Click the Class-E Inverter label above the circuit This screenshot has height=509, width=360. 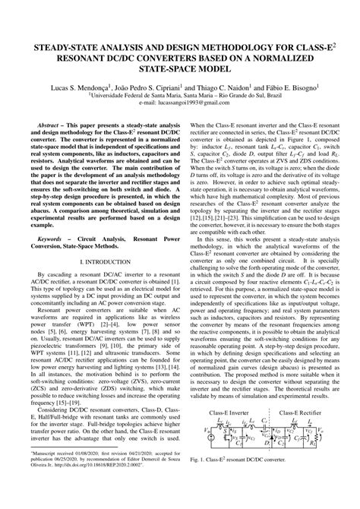tap(227, 411)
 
